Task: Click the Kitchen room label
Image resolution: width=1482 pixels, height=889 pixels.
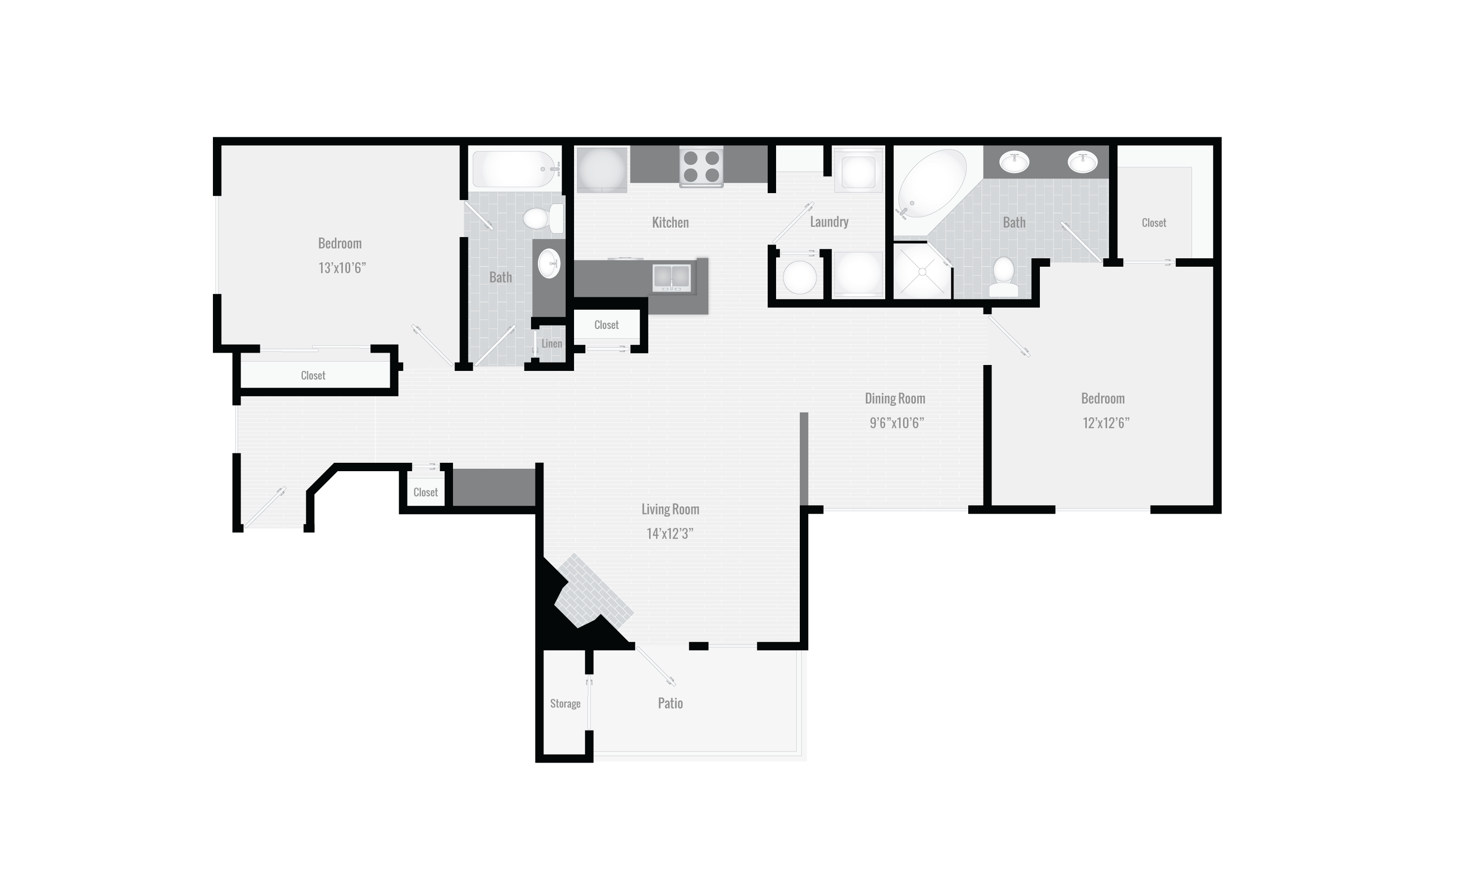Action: (670, 222)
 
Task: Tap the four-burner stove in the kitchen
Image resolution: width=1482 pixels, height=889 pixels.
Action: (701, 166)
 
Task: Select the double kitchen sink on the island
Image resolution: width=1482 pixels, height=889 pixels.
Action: (671, 278)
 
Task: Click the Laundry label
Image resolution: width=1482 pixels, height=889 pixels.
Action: (829, 222)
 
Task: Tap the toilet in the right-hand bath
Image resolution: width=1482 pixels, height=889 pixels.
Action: (1003, 276)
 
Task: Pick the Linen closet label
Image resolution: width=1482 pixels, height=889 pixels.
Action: (552, 344)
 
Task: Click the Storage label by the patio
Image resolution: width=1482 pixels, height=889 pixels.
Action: (565, 703)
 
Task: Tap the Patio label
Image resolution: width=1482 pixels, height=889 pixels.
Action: (670, 703)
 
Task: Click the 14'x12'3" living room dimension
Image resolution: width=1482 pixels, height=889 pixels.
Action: (670, 534)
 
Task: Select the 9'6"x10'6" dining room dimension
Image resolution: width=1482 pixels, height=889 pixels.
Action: (896, 423)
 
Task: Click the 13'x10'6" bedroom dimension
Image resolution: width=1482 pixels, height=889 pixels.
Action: (341, 268)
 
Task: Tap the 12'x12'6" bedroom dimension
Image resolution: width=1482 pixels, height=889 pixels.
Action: (1105, 423)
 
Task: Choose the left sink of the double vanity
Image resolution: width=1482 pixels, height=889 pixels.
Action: (1014, 161)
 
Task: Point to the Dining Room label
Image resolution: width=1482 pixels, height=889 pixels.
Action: (895, 399)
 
